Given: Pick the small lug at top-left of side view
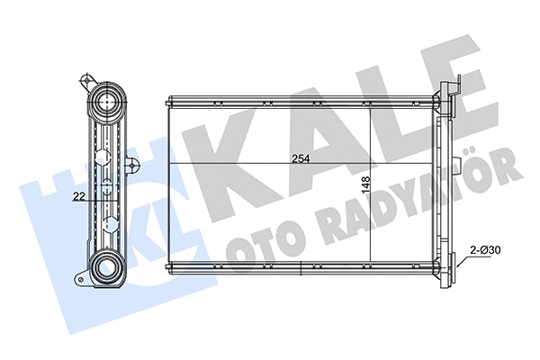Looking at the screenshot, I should [86, 79].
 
